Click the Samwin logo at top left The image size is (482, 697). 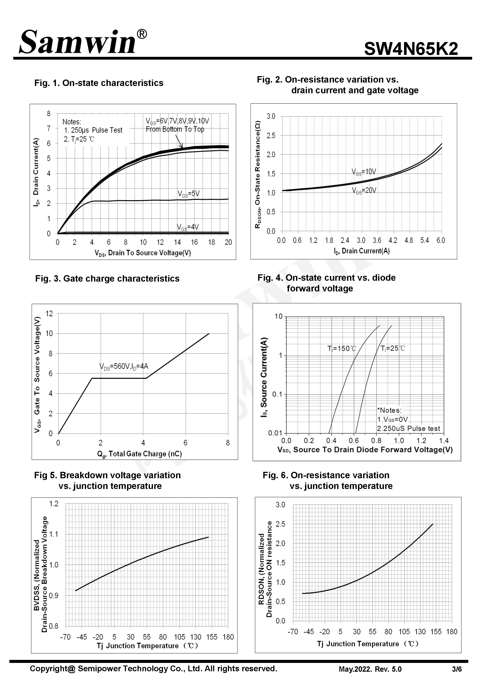pyautogui.click(x=77, y=42)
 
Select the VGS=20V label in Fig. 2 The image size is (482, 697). pyautogui.click(x=364, y=190)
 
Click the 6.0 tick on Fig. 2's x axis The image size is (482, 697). pyautogui.click(x=441, y=240)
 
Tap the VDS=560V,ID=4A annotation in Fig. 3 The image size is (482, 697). pyautogui.click(x=124, y=367)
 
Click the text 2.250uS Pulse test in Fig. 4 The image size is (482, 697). pyautogui.click(x=408, y=428)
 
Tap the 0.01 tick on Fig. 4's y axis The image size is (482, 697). pyautogui.click(x=275, y=433)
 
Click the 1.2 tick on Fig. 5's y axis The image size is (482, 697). pyautogui.click(x=54, y=504)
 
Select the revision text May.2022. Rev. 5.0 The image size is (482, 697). pyautogui.click(x=370, y=669)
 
